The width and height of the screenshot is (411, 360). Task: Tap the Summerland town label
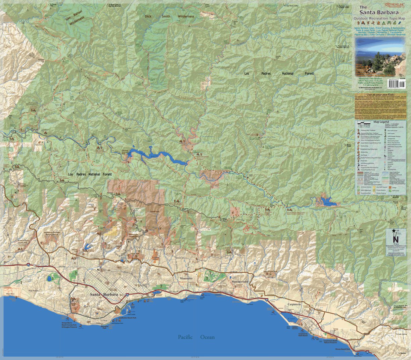click(x=240, y=281)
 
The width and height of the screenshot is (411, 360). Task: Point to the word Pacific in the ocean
click(x=185, y=337)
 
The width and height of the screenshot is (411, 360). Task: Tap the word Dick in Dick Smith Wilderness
click(x=148, y=16)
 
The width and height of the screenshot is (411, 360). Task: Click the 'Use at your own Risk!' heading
click(x=379, y=95)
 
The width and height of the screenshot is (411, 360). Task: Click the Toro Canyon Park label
click(x=270, y=272)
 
